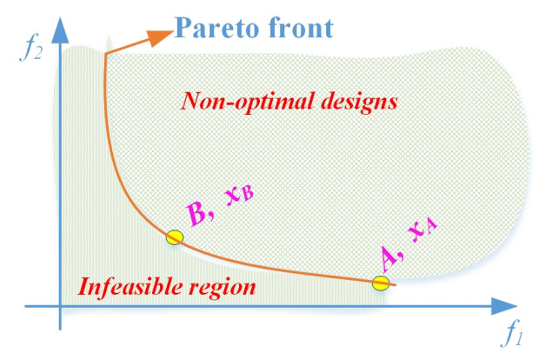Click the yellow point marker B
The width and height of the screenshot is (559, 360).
(x=175, y=237)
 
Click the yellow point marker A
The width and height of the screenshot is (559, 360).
(x=380, y=283)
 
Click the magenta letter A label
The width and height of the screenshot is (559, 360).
(x=391, y=257)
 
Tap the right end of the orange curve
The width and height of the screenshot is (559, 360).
(x=396, y=284)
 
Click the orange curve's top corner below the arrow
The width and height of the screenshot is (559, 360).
(x=104, y=55)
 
